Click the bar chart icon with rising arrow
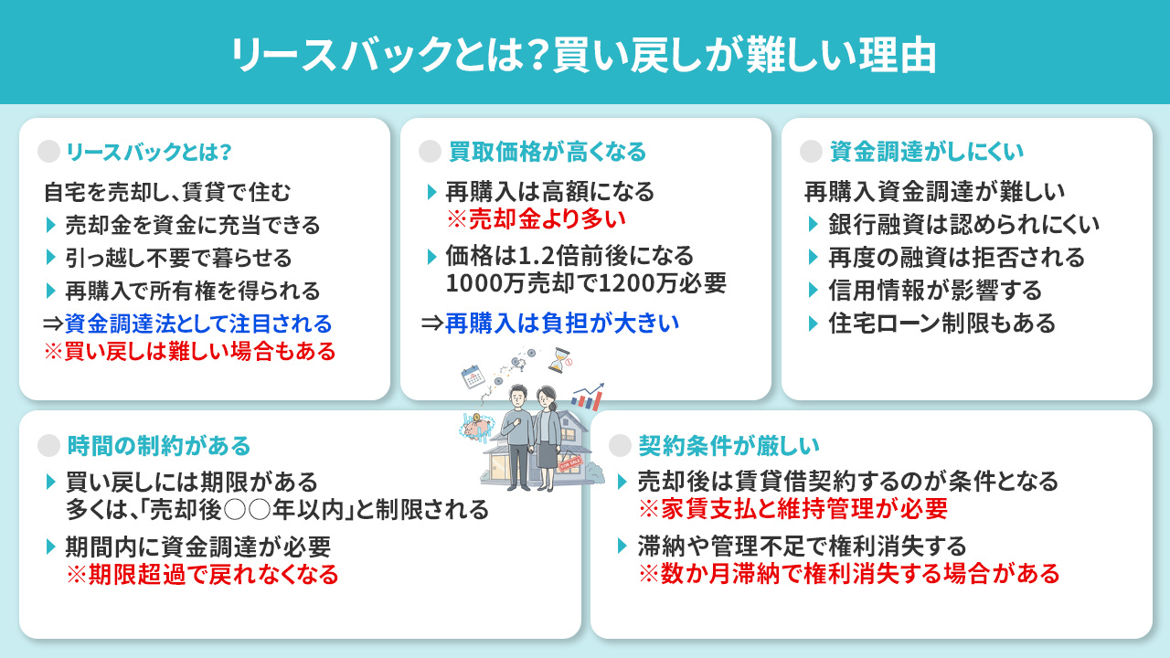(x=587, y=397)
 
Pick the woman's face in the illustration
(x=548, y=398)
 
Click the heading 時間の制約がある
(x=158, y=445)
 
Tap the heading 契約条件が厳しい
(x=729, y=445)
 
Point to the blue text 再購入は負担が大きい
(x=562, y=323)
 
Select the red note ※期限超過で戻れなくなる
(x=201, y=575)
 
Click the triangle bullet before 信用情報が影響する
(x=814, y=291)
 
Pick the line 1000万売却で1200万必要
(x=586, y=283)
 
